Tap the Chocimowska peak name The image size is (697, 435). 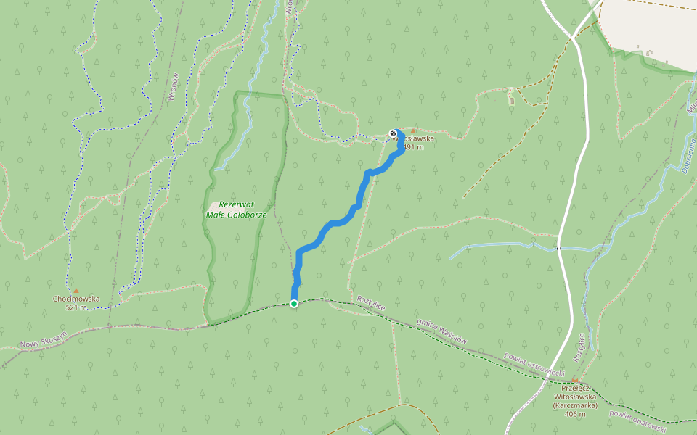(x=76, y=299)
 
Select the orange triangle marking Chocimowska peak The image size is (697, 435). (x=76, y=290)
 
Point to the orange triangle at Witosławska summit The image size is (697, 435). (x=413, y=130)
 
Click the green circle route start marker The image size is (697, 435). (x=294, y=303)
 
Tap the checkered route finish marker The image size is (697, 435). (x=393, y=133)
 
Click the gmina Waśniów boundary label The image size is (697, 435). (x=441, y=331)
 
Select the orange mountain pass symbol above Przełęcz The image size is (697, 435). (x=575, y=380)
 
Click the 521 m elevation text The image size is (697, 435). (x=76, y=307)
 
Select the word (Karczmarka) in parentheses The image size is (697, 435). (x=574, y=405)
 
